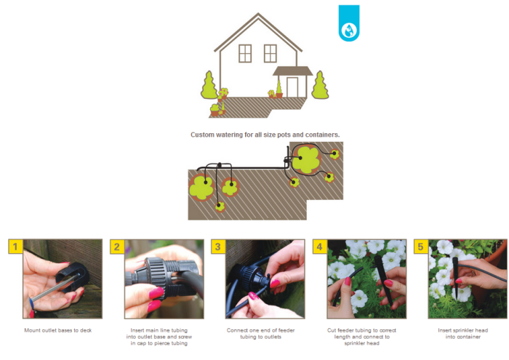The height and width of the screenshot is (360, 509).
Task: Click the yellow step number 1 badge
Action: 15,247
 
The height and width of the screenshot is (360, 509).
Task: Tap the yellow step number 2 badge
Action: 117,247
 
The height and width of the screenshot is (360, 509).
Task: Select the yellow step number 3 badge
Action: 218,247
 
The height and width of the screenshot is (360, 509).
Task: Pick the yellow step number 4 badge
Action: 320,247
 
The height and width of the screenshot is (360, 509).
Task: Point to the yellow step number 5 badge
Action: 421,247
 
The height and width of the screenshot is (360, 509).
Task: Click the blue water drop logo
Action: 349,23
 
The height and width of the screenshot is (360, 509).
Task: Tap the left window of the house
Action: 245,53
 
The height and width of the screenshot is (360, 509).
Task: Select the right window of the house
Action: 270,53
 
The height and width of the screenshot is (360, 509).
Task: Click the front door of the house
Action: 292,87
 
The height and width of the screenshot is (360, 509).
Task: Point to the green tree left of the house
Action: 209,85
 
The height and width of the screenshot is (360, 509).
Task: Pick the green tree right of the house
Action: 320,85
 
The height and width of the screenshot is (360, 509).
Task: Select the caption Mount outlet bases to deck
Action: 58,330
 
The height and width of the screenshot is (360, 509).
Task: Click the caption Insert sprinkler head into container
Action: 463,334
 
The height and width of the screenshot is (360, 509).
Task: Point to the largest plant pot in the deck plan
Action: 306,159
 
